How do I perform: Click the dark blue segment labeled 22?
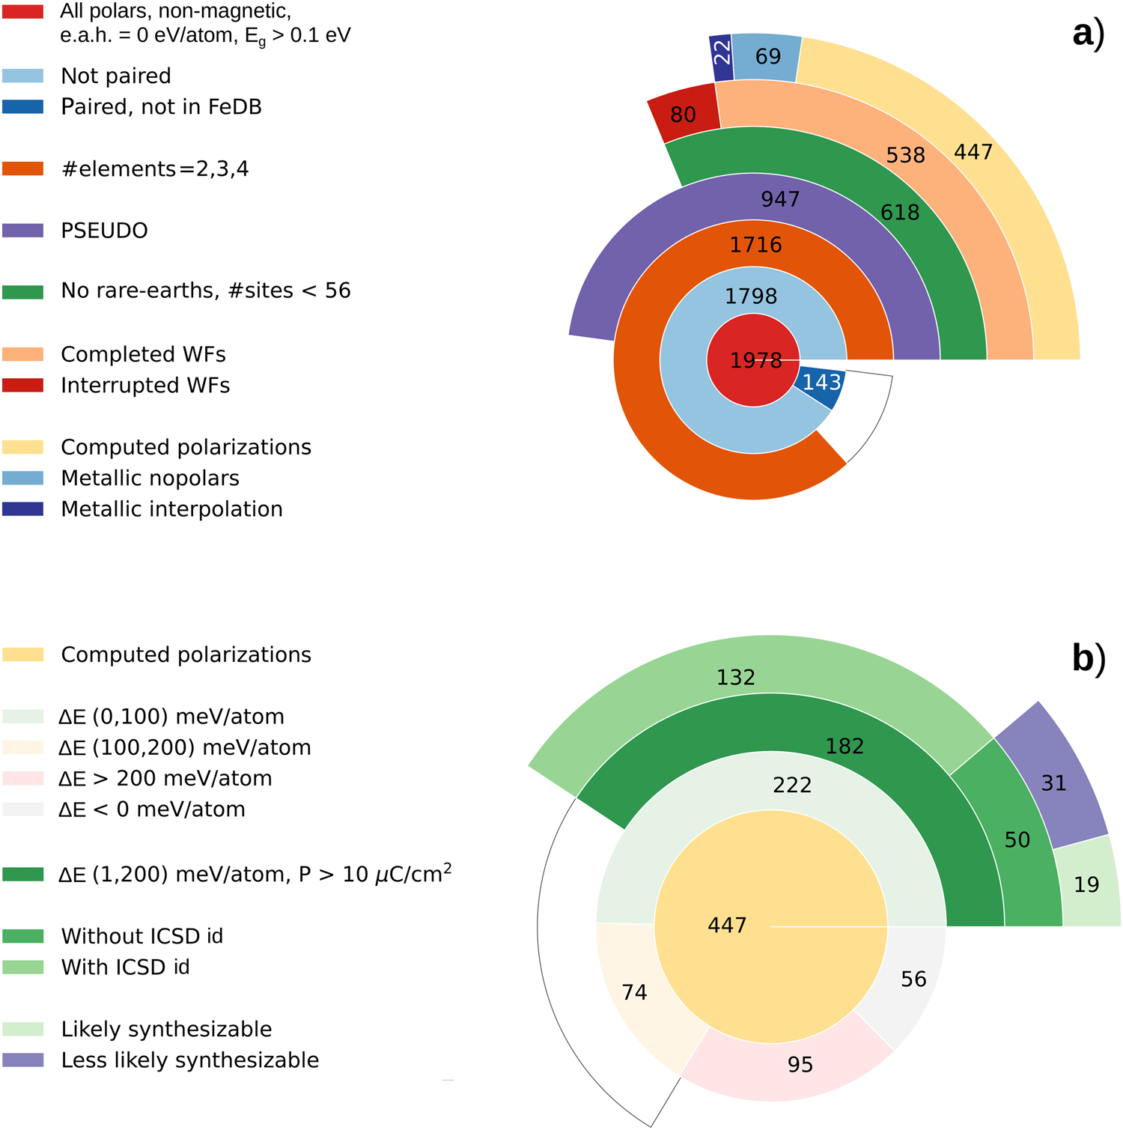721,57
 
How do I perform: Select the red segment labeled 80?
681,115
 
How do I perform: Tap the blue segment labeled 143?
821,383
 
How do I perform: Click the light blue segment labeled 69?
767,57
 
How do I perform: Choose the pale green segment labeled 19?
1087,884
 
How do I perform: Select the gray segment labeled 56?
912,979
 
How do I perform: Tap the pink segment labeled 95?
800,1064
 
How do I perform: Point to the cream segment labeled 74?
634,992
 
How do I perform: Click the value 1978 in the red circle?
755,361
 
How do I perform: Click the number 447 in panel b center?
727,926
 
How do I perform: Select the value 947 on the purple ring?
780,199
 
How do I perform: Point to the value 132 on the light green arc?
735,678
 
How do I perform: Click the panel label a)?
1089,34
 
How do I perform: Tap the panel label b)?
1089,658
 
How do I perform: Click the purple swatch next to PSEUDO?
23,231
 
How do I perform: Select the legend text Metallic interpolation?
171,509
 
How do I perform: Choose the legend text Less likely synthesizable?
189,1060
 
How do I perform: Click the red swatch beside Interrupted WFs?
23,386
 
